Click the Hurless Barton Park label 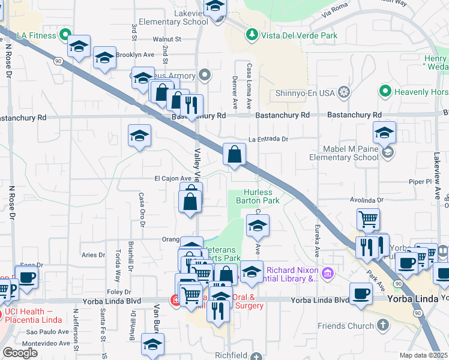click(x=258, y=196)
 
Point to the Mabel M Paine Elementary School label click(x=343, y=153)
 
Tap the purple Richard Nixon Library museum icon click(x=327, y=274)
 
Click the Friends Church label click(x=344, y=326)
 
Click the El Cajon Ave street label click(x=173, y=178)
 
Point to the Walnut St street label click(x=167, y=39)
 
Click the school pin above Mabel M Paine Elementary click(x=384, y=132)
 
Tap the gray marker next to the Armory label click(x=205, y=76)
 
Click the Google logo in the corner click(x=20, y=353)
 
